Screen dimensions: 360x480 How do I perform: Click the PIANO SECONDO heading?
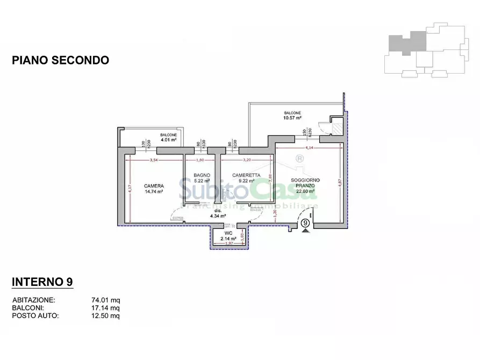click(60, 60)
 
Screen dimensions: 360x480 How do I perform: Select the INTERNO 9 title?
click(42, 282)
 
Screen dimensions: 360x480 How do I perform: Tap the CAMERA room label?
click(154, 186)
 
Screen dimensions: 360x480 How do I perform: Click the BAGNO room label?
click(202, 176)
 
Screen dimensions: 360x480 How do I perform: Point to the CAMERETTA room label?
click(246, 175)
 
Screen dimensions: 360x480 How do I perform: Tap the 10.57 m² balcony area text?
click(292, 118)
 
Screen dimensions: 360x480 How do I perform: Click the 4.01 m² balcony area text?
click(168, 140)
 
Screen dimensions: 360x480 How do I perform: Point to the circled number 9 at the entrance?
click(305, 223)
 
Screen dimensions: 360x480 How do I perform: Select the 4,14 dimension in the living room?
click(309, 147)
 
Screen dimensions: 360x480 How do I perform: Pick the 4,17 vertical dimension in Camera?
click(130, 189)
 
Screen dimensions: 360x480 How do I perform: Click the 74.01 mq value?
click(106, 300)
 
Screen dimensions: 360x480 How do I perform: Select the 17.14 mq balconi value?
click(106, 308)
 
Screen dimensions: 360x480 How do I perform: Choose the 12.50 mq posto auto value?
click(106, 316)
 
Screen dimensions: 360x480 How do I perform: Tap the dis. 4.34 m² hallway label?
click(215, 214)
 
